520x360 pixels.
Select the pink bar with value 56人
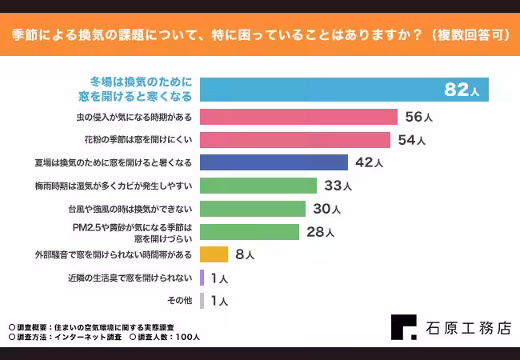(298, 117)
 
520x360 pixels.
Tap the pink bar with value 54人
(294, 140)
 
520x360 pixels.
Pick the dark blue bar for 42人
(274, 162)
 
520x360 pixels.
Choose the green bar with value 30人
(253, 209)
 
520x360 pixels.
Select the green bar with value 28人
(250, 232)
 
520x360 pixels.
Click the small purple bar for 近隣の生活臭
(202, 278)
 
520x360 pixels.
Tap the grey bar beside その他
(202, 301)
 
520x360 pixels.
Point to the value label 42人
(369, 163)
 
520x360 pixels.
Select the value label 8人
(246, 255)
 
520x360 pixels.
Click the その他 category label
(179, 301)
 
